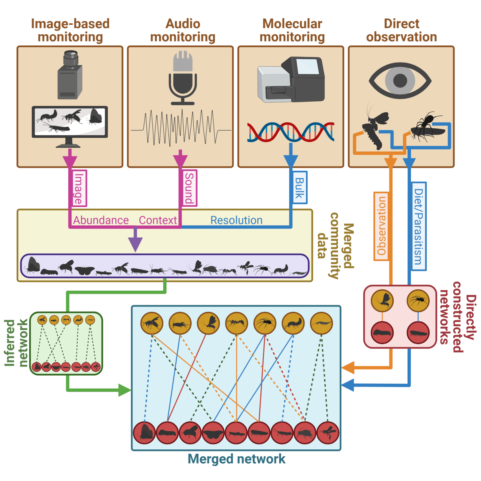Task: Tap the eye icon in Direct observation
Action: (400, 80)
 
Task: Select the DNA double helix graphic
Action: (290, 132)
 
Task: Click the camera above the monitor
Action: (70, 75)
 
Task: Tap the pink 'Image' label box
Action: (79, 188)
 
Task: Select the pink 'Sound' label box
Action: (189, 188)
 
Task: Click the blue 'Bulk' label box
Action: (299, 188)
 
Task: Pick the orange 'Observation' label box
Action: (381, 226)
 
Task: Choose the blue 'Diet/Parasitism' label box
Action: (418, 226)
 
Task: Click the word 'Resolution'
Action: (236, 220)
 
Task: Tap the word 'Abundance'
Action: (101, 220)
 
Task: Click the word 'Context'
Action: (158, 220)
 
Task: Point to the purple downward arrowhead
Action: (135, 244)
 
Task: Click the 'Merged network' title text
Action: (236, 459)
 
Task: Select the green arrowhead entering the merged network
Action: (124, 390)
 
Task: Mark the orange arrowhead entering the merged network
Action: (348, 367)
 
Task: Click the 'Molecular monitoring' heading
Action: (292, 30)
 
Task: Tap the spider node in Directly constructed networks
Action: (418, 301)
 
